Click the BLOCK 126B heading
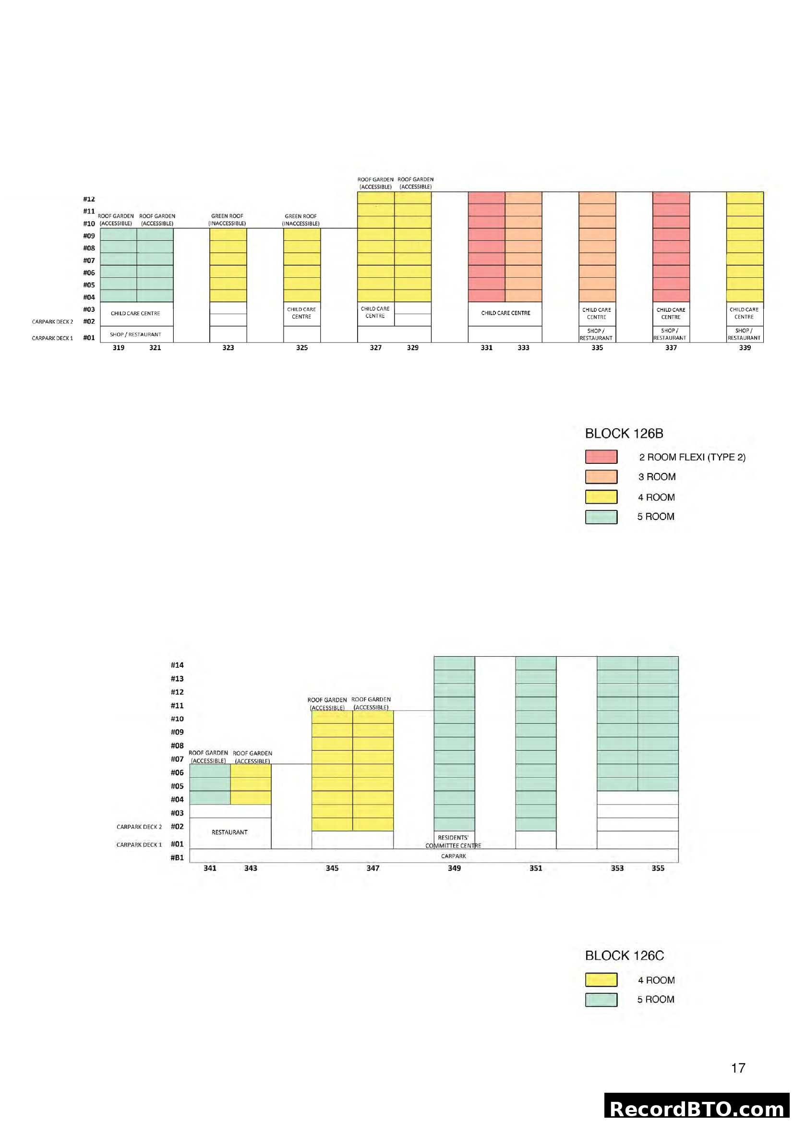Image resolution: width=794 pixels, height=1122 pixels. [624, 434]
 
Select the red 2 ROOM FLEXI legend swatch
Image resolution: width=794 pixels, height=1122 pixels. [601, 457]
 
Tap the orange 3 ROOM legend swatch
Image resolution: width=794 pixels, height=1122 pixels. [601, 477]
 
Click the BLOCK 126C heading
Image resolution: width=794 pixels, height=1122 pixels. [625, 956]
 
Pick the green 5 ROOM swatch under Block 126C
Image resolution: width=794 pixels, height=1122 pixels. [601, 1000]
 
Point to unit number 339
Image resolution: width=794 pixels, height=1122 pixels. [744, 347]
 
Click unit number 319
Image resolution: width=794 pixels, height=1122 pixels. [118, 347]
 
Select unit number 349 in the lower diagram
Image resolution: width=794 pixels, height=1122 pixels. [454, 868]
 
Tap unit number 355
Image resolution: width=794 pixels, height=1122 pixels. [658, 868]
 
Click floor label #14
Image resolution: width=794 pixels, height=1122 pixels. [177, 665]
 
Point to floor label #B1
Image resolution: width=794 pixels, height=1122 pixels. [177, 857]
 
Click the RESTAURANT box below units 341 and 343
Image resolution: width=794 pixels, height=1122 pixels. [230, 832]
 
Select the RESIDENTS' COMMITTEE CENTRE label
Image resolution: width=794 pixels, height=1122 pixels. [453, 841]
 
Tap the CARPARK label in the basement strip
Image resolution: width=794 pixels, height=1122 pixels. [453, 856]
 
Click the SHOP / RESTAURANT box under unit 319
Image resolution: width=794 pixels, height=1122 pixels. [135, 334]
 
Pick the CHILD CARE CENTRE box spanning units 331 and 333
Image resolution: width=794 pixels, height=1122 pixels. [505, 313]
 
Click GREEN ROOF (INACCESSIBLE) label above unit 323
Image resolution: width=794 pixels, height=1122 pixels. [228, 220]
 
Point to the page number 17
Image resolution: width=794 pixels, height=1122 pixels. [738, 1068]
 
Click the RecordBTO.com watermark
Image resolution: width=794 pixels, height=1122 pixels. [697, 1108]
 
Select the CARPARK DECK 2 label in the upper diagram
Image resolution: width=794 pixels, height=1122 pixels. [52, 321]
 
